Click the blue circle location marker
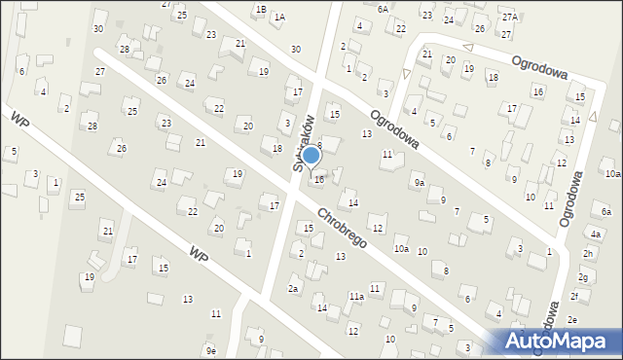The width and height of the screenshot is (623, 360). pyautogui.click(x=311, y=155)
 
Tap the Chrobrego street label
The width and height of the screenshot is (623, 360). pyautogui.click(x=340, y=227)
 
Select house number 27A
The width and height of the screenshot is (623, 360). pyautogui.click(x=509, y=18)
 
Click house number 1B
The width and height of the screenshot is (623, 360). pyautogui.click(x=260, y=9)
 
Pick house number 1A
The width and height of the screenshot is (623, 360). pyautogui.click(x=279, y=18)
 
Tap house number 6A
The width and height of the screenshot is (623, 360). pyautogui.click(x=383, y=9)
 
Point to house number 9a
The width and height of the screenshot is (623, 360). pyautogui.click(x=419, y=182)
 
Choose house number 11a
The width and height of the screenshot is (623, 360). pyautogui.click(x=356, y=296)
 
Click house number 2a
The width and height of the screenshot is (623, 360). pyautogui.click(x=292, y=288)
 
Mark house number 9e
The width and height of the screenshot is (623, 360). pyautogui.click(x=210, y=350)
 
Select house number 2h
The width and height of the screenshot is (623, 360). pyautogui.click(x=588, y=254)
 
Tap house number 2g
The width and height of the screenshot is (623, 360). pyautogui.click(x=582, y=277)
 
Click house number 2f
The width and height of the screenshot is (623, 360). pyautogui.click(x=574, y=296)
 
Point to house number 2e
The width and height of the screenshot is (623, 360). pyautogui.click(x=572, y=320)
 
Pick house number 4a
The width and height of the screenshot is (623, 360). pyautogui.click(x=595, y=234)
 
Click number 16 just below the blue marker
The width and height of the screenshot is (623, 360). pyautogui.click(x=318, y=179)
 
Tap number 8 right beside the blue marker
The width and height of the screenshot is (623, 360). pyautogui.click(x=318, y=145)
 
